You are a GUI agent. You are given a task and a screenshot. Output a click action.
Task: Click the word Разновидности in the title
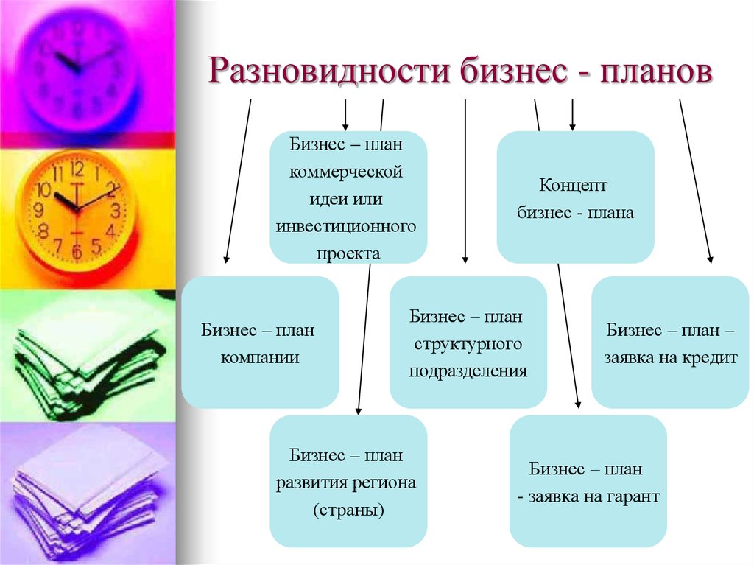[x=329, y=71]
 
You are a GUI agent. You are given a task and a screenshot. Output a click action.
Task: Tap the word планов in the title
[x=656, y=71]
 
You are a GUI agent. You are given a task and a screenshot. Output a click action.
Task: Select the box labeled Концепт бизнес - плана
[x=575, y=197]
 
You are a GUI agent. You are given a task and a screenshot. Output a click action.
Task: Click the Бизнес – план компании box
[x=260, y=343]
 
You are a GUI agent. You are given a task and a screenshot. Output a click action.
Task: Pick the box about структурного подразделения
[x=468, y=343]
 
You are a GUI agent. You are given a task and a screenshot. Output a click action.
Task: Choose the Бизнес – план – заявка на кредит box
[x=670, y=343]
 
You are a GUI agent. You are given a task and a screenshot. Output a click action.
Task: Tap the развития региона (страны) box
[x=348, y=481]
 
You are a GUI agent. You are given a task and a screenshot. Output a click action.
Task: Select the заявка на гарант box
[x=588, y=481]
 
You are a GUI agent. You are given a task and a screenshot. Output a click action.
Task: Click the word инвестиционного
[x=346, y=226]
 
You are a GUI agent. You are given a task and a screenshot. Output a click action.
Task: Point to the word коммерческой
[x=346, y=172]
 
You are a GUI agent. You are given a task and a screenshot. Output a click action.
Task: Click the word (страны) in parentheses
[x=348, y=510]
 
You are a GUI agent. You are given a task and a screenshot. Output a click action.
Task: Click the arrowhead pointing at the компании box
[x=226, y=259]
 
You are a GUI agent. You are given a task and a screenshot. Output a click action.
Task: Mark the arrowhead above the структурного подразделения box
[x=465, y=259]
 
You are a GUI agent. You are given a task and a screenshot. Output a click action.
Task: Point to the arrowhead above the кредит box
[x=711, y=259]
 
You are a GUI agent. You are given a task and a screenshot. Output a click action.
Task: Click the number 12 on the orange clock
[x=77, y=169]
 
